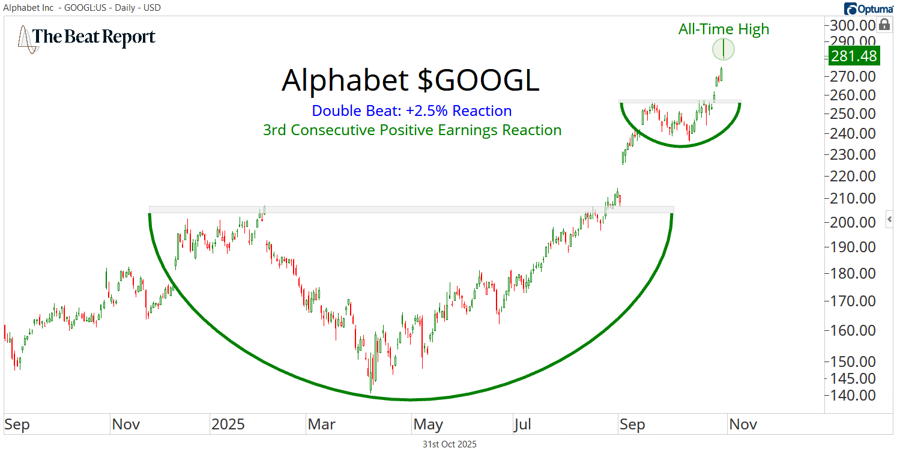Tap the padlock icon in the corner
coord(884,25)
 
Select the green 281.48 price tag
coord(853,56)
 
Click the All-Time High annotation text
coord(723,29)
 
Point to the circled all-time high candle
coord(723,49)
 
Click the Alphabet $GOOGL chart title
coord(410,80)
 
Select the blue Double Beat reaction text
coord(411,111)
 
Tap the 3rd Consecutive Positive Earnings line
coord(412,130)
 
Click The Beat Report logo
coord(86,37)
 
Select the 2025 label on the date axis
coord(228,425)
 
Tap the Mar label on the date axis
coord(321,425)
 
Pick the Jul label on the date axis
coord(522,425)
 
